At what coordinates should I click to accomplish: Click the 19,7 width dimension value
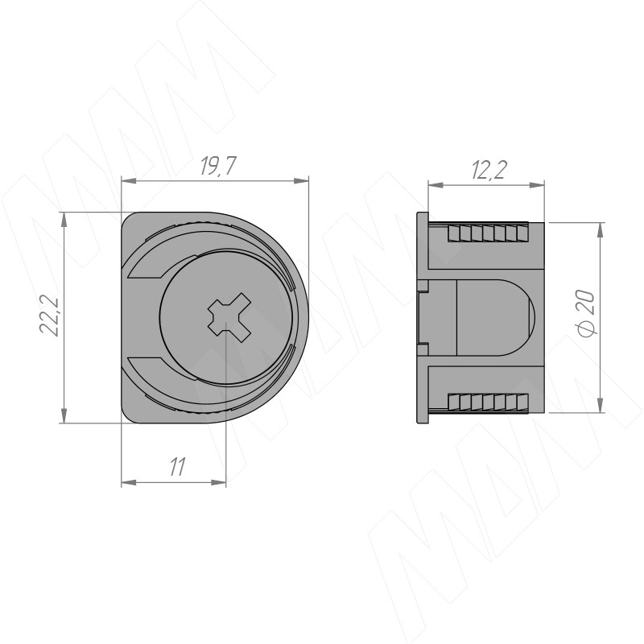point(218,167)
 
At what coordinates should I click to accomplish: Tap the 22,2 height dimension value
point(50,316)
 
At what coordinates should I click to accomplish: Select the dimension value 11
point(177,467)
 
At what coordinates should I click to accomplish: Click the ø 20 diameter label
point(587,313)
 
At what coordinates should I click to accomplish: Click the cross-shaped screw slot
point(229,316)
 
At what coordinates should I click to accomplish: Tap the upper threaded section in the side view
point(488,233)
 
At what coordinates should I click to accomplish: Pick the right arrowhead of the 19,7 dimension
point(301,181)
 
